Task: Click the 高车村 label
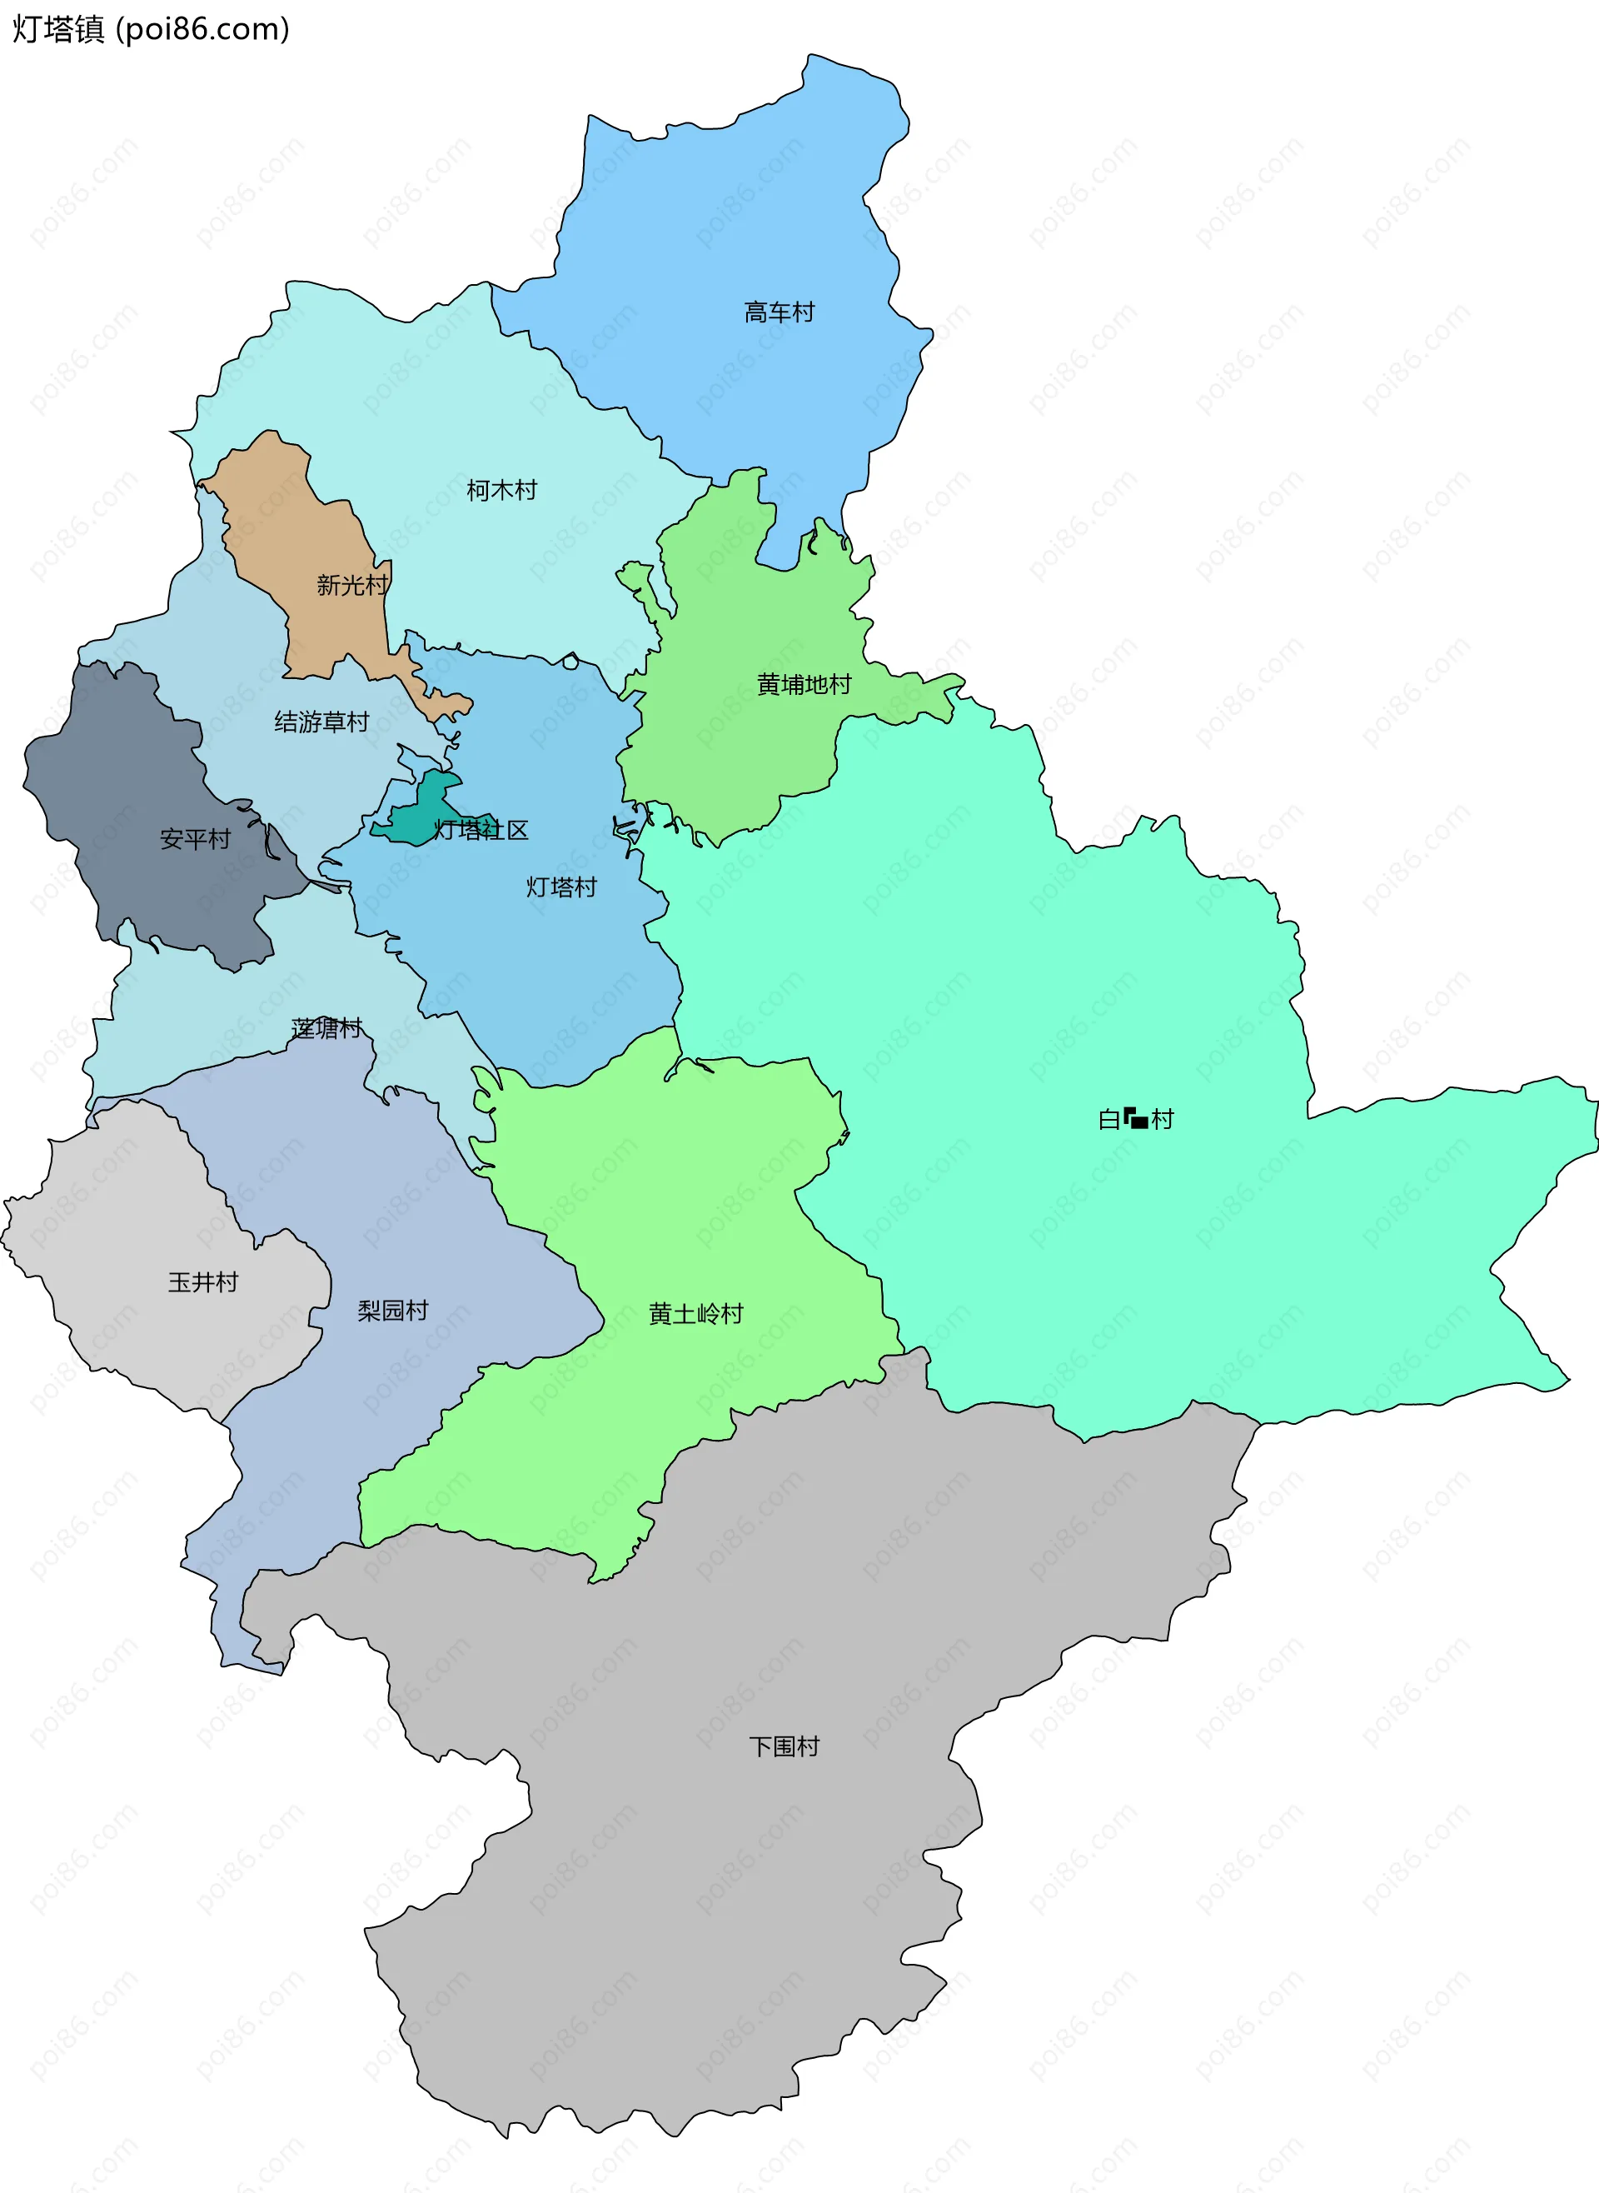click(x=780, y=312)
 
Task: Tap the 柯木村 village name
click(x=501, y=490)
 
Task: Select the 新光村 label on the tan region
click(x=351, y=585)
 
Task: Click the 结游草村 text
click(x=321, y=722)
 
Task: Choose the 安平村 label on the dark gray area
click(x=196, y=838)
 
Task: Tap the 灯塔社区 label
click(x=481, y=830)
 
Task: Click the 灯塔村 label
click(x=561, y=887)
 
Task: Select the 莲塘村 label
click(x=327, y=1028)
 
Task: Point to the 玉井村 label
click(x=203, y=1282)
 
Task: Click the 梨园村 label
click(x=393, y=1310)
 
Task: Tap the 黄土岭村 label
click(x=696, y=1314)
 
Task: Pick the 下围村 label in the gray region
click(x=784, y=1746)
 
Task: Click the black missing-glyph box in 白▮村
click(x=1136, y=1119)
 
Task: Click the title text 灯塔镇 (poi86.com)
click(x=150, y=29)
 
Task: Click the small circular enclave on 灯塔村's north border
click(x=570, y=662)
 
